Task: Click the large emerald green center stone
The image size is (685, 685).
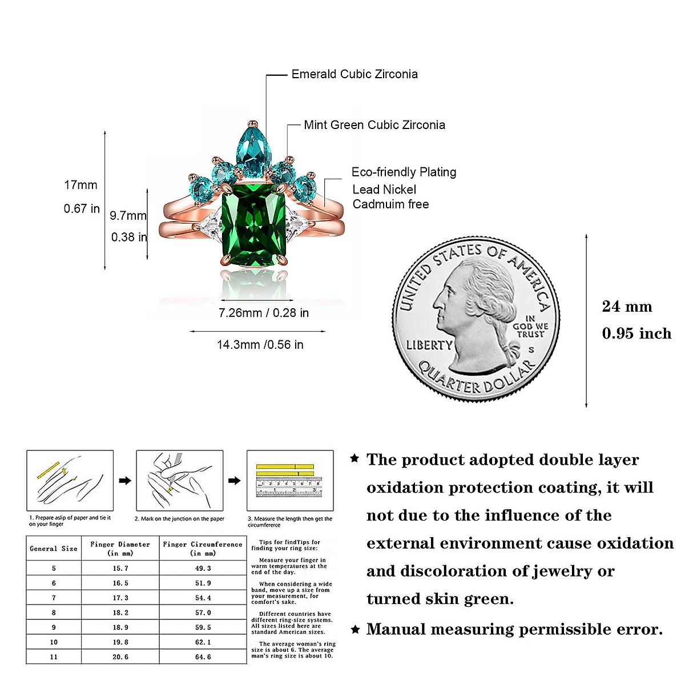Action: tap(253, 225)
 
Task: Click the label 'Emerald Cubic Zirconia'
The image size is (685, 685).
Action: tap(354, 74)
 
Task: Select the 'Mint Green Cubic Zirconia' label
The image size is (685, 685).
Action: tap(374, 125)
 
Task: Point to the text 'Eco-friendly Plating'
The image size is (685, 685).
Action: tap(404, 172)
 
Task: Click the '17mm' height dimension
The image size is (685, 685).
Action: tap(80, 185)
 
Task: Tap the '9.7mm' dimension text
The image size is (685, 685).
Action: tap(128, 216)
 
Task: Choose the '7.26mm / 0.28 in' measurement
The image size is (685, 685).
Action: tap(264, 313)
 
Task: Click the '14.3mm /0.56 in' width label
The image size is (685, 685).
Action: tap(260, 345)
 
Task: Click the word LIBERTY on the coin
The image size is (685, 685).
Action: tap(429, 345)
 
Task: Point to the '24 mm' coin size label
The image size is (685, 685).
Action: tap(627, 307)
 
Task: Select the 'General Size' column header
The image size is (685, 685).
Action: tap(54, 549)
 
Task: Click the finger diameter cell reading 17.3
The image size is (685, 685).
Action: tap(120, 598)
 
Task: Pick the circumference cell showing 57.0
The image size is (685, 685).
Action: tap(203, 613)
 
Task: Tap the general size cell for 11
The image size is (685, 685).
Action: tap(54, 657)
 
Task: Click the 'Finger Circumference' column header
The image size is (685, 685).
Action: tap(203, 549)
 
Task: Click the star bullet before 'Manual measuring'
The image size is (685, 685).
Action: tap(354, 630)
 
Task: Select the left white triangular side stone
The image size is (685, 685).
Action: tap(209, 224)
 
